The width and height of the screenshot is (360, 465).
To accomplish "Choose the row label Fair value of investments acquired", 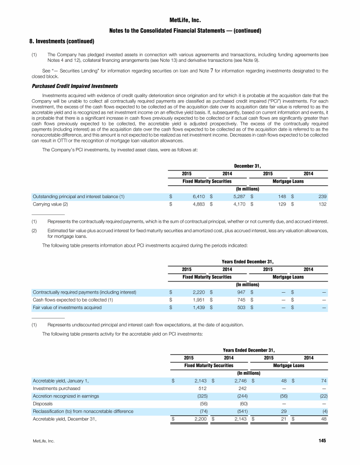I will click(x=67, y=308).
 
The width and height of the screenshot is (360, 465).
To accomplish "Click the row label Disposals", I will click(x=42, y=404).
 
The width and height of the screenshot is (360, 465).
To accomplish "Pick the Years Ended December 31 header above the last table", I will click(x=248, y=350).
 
